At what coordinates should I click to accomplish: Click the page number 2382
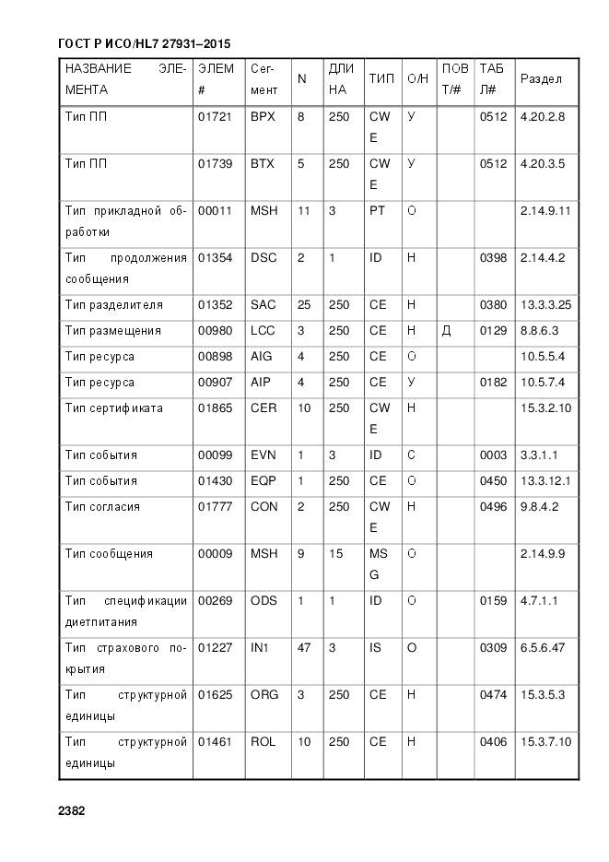[x=71, y=811]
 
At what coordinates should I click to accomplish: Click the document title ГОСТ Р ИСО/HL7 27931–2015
[x=144, y=43]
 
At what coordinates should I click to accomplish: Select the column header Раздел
[x=541, y=79]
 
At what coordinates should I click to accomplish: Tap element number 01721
[x=216, y=117]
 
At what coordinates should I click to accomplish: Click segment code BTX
[x=263, y=164]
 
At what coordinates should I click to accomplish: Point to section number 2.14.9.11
[x=545, y=211]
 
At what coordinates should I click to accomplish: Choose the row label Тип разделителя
[x=113, y=305]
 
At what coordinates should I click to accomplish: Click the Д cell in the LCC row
[x=446, y=331]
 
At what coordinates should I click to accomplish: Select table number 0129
[x=493, y=331]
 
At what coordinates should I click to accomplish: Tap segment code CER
[x=263, y=408]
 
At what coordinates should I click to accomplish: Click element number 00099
[x=216, y=455]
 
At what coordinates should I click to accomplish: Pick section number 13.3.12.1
[x=545, y=481]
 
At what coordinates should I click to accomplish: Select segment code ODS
[x=263, y=601]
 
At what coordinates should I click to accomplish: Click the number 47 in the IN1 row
[x=303, y=648]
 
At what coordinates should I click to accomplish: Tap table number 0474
[x=493, y=695]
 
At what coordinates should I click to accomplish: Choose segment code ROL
[x=263, y=742]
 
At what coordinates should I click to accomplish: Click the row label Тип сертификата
[x=113, y=408]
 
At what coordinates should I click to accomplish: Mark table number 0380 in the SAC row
[x=493, y=305]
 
